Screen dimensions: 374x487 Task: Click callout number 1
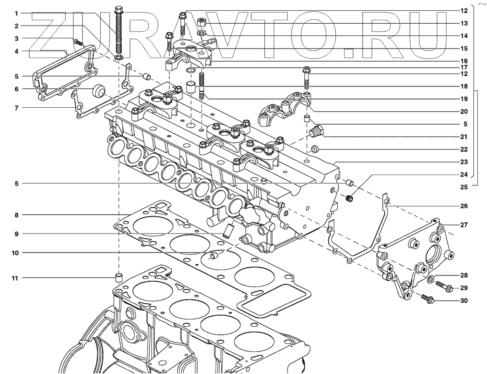pos(16,13)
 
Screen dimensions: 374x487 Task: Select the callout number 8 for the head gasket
pos(16,215)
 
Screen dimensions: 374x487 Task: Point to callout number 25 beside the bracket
pos(464,187)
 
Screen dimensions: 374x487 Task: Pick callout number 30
pos(464,301)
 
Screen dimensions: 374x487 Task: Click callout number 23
pos(464,162)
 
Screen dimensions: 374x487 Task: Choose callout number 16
pos(464,61)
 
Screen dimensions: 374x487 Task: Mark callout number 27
pos(464,225)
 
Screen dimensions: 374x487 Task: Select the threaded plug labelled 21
pos(317,131)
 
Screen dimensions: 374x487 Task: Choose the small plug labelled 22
pos(315,149)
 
